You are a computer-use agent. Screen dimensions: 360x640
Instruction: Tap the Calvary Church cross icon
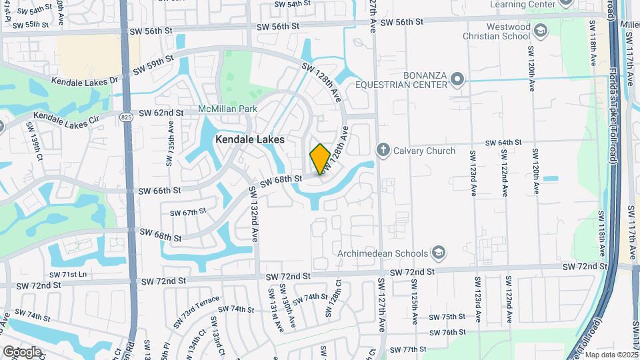tap(383, 150)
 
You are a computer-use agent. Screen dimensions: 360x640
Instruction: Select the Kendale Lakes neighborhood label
tap(250, 140)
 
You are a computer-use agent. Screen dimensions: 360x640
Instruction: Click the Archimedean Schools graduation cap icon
tap(439, 253)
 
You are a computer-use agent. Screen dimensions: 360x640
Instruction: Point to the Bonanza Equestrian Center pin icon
tap(457, 80)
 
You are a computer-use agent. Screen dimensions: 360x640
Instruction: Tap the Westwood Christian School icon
tap(540, 31)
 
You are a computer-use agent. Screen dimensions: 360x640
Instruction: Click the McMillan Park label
tap(223, 109)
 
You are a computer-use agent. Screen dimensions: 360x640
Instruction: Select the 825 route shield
tap(125, 117)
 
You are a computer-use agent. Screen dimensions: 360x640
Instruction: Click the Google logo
tap(22, 351)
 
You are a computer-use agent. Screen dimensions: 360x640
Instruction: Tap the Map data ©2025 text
tap(611, 355)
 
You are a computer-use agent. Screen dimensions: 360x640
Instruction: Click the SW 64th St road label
tap(503, 143)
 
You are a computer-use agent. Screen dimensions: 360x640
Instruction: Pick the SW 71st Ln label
tap(67, 274)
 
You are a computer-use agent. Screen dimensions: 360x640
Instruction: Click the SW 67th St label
tap(188, 212)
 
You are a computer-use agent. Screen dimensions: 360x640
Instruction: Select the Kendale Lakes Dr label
tap(85, 79)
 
